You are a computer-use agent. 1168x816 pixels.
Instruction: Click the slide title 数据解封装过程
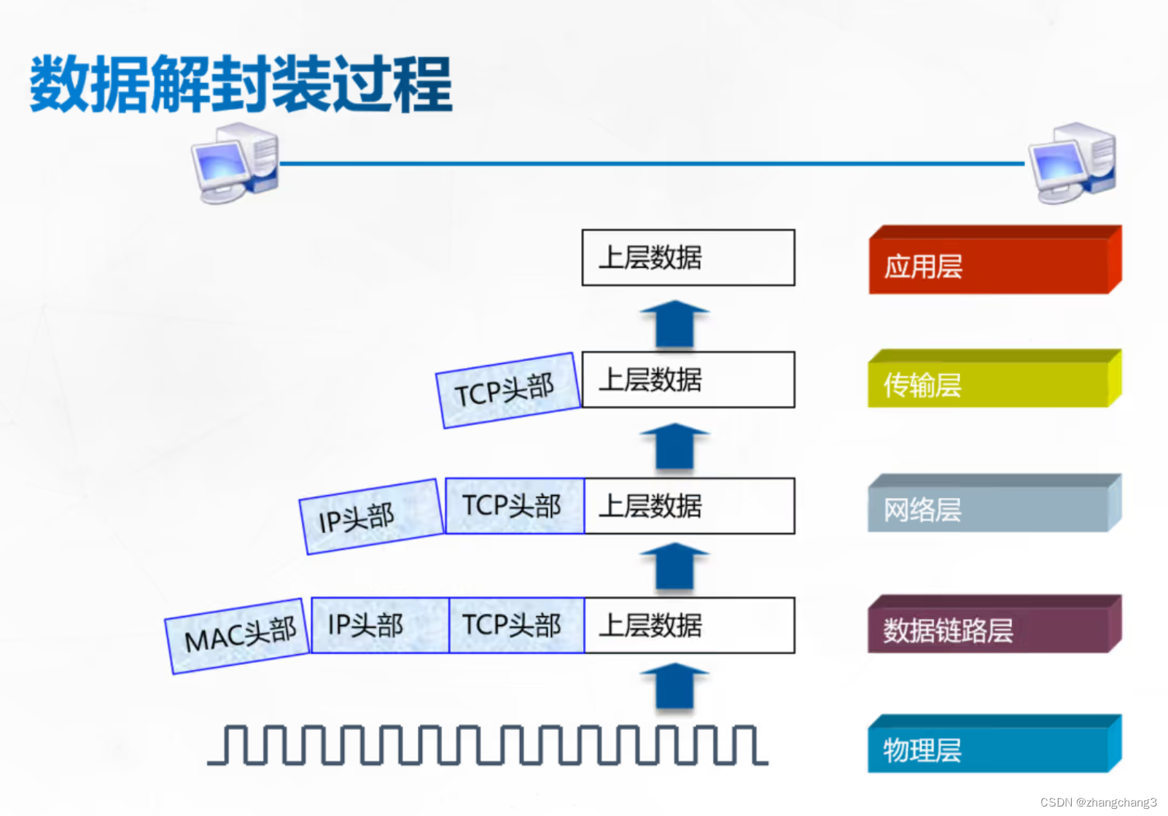click(x=241, y=84)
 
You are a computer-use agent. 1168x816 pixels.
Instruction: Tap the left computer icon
click(x=235, y=163)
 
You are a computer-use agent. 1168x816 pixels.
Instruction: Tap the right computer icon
click(x=1072, y=163)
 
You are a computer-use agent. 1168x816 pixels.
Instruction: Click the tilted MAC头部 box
click(x=238, y=636)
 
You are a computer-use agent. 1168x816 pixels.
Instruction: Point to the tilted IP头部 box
click(x=371, y=516)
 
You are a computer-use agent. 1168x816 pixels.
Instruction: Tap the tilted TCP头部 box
click(x=507, y=390)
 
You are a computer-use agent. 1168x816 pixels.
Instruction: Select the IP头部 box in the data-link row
click(x=380, y=625)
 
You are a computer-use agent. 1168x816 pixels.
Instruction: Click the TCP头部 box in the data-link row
click(x=516, y=625)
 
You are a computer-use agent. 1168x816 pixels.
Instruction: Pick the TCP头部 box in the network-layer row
click(x=514, y=505)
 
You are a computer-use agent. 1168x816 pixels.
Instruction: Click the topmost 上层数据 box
click(x=688, y=257)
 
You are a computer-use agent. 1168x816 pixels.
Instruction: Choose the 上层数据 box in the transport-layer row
click(x=688, y=379)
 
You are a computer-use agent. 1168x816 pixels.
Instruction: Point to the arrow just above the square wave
click(x=674, y=685)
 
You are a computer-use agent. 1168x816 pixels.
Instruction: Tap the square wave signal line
click(x=487, y=745)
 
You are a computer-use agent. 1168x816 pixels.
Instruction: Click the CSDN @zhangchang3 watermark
click(x=1098, y=802)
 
